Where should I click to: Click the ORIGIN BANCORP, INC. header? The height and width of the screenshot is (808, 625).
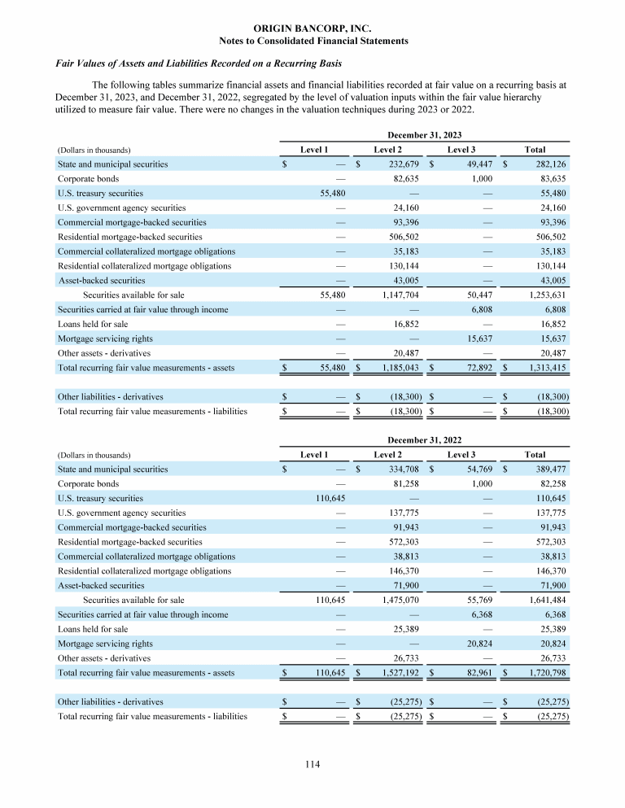(x=313, y=28)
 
